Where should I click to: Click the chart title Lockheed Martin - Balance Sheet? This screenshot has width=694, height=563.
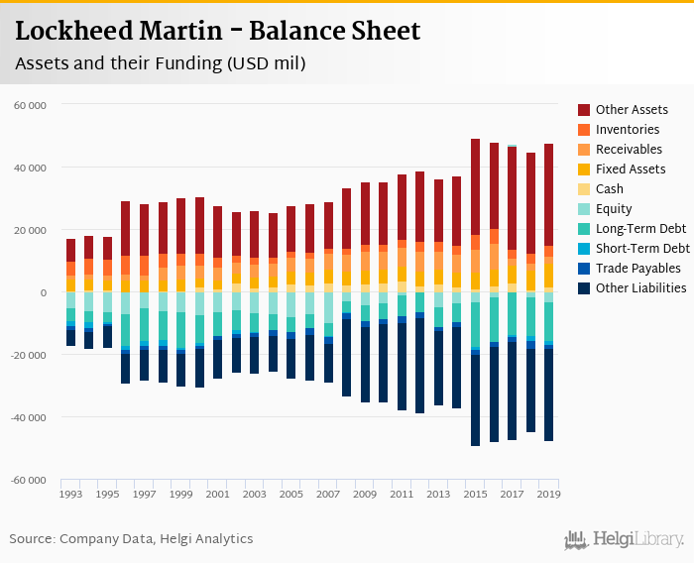(x=218, y=31)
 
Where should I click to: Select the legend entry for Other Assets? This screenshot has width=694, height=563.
(x=632, y=110)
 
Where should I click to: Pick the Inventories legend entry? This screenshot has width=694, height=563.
(x=628, y=130)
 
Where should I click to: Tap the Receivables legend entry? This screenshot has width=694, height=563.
(x=629, y=150)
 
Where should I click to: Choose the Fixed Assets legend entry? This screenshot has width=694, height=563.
(x=631, y=169)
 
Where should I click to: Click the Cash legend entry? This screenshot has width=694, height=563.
(x=611, y=189)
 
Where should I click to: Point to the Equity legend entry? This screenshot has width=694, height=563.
(x=615, y=209)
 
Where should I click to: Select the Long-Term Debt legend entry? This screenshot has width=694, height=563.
(x=639, y=229)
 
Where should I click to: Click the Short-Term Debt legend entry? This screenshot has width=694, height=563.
(x=642, y=249)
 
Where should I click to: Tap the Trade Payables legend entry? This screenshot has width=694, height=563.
(x=637, y=269)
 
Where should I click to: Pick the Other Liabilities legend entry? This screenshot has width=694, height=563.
(x=640, y=288)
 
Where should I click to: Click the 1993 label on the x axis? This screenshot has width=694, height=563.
(x=70, y=494)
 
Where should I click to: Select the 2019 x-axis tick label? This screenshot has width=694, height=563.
(x=548, y=494)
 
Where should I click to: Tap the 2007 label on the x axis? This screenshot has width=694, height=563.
(x=328, y=494)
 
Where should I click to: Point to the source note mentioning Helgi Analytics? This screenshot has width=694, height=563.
(x=132, y=539)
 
